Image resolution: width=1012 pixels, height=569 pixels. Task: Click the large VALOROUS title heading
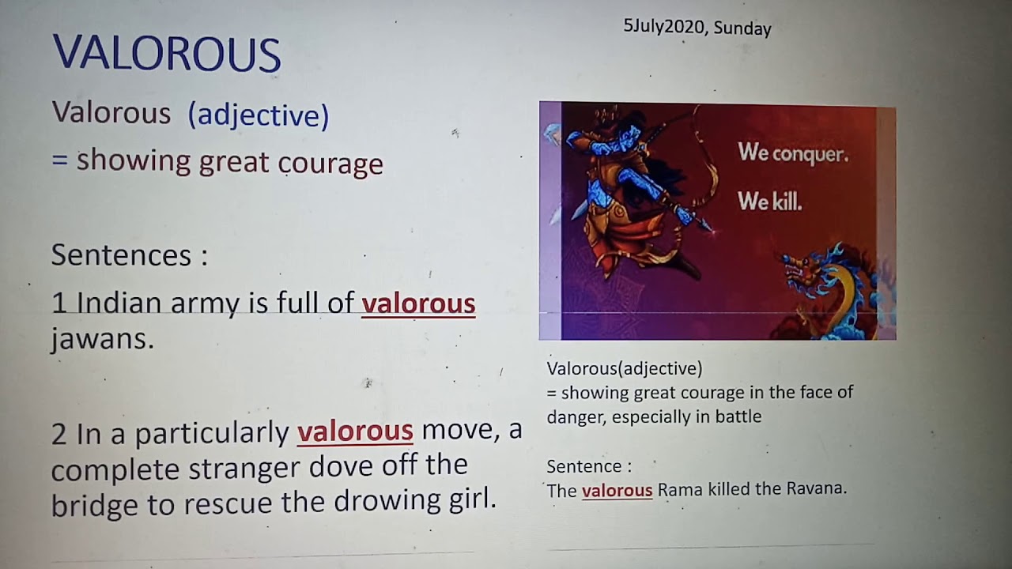click(x=167, y=54)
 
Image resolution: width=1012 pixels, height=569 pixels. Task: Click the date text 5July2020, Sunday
click(x=697, y=28)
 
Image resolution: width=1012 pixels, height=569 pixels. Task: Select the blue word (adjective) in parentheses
click(x=258, y=115)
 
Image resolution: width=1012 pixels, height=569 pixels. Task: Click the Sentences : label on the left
click(x=129, y=255)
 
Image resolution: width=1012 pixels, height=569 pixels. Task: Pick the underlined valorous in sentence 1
click(x=418, y=303)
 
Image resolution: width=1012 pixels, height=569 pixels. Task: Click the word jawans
click(x=101, y=339)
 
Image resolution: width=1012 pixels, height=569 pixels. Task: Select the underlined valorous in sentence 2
click(x=355, y=431)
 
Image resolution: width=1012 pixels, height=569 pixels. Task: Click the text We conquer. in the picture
click(x=792, y=153)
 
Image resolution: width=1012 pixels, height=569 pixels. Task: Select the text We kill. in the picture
click(x=769, y=202)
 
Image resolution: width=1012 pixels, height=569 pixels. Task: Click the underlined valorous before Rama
click(x=617, y=491)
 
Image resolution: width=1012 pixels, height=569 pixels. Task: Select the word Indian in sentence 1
click(x=119, y=303)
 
